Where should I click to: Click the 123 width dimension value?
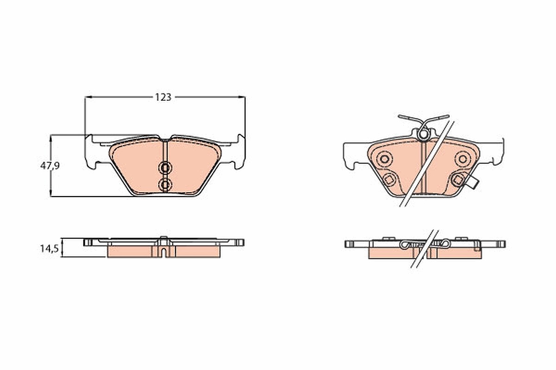click(163, 98)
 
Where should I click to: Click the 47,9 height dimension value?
click(50, 166)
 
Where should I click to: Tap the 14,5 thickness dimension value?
click(50, 248)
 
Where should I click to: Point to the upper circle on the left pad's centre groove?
click(165, 168)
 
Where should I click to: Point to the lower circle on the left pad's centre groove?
click(165, 185)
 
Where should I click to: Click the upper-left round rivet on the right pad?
click(385, 159)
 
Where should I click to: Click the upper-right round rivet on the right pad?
click(463, 159)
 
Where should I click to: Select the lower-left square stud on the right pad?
click(389, 179)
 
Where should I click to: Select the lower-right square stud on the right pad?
click(458, 179)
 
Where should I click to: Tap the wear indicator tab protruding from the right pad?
click(473, 184)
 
